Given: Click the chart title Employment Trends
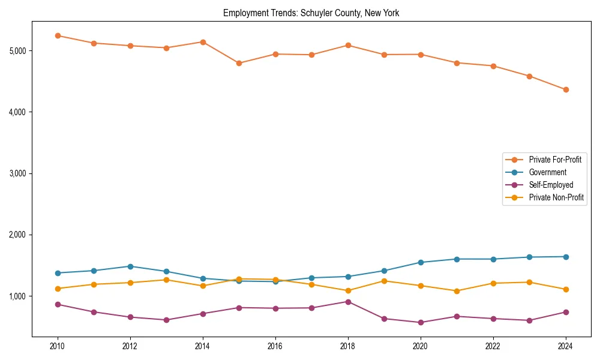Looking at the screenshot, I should [311, 13].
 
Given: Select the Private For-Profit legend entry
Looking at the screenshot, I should [555, 160].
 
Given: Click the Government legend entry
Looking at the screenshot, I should [547, 172].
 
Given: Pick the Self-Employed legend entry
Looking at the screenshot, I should [551, 185].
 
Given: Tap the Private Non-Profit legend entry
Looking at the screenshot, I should [556, 197].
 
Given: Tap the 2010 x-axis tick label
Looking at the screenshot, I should [58, 346].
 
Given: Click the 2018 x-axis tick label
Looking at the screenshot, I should [348, 346].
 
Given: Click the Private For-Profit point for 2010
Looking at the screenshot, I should [58, 35].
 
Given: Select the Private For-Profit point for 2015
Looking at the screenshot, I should [239, 63].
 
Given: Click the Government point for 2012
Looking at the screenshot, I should [130, 266].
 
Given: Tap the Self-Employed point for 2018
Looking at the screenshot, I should [348, 302].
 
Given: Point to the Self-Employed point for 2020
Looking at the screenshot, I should [421, 322].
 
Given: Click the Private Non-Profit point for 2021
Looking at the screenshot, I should [457, 291].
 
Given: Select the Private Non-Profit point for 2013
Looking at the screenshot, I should [166, 280].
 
